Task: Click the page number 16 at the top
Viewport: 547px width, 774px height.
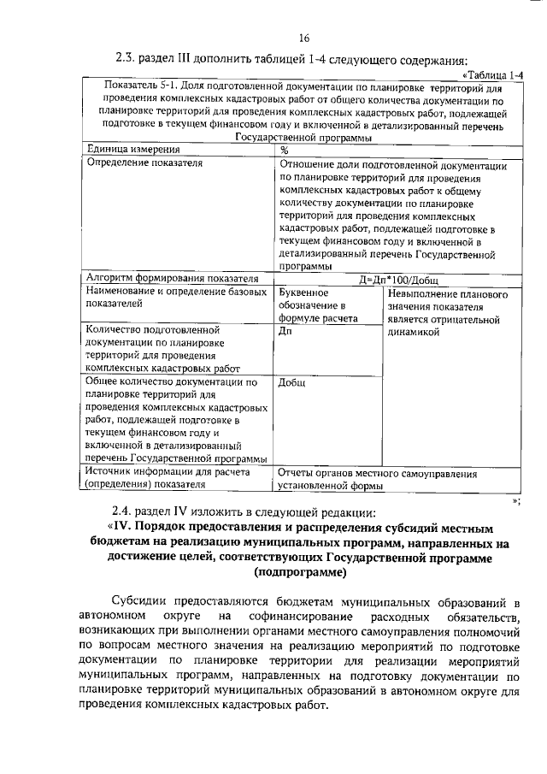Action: tap(303, 38)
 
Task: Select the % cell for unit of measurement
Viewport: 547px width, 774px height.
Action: tap(285, 149)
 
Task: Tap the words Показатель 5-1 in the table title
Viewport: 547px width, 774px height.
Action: tap(137, 86)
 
